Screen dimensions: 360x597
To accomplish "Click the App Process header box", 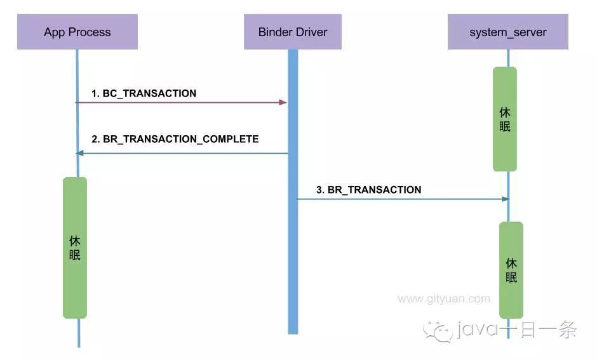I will (x=77, y=32).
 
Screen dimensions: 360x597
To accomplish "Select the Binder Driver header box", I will (x=293, y=32).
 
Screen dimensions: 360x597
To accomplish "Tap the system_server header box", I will (x=507, y=32).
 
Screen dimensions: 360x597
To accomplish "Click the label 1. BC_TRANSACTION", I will (x=144, y=93).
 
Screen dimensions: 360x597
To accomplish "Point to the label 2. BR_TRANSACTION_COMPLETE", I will (x=175, y=138).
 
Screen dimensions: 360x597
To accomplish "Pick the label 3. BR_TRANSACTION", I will (x=369, y=189).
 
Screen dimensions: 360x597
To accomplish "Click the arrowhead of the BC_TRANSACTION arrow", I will (x=284, y=102).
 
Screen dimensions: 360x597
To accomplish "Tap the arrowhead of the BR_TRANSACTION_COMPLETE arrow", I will (x=79, y=153).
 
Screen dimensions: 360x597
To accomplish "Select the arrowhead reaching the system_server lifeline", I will (x=506, y=199).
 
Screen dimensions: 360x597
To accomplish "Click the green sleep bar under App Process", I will (x=75, y=248).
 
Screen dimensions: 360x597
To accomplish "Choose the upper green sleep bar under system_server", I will (x=505, y=119).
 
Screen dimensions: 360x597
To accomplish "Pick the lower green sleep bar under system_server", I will (x=511, y=270).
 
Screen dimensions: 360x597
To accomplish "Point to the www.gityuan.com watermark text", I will (x=444, y=298).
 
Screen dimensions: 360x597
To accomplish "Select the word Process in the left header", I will (x=91, y=32).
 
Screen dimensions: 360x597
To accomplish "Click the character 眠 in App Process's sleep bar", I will (x=75, y=255).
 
